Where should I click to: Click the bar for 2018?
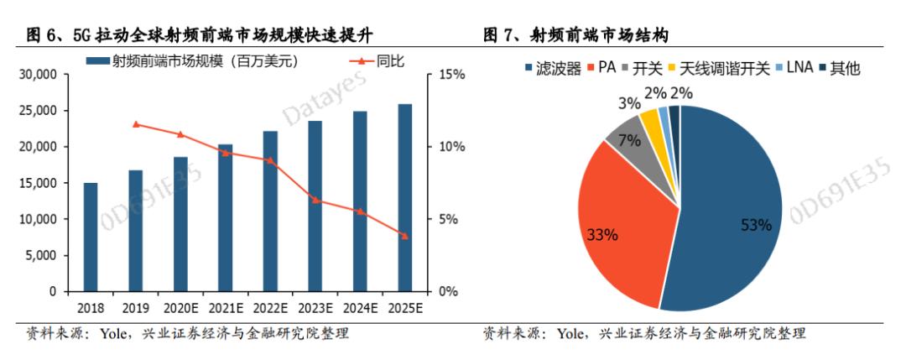click(91, 237)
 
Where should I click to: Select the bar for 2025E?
click(404, 198)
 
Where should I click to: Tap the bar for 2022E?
click(270, 211)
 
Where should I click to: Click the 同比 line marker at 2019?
click(136, 124)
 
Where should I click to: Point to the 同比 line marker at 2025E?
click(404, 236)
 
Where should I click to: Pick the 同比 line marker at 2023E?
click(315, 200)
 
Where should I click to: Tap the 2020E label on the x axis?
click(180, 308)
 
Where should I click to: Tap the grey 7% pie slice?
click(626, 138)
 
